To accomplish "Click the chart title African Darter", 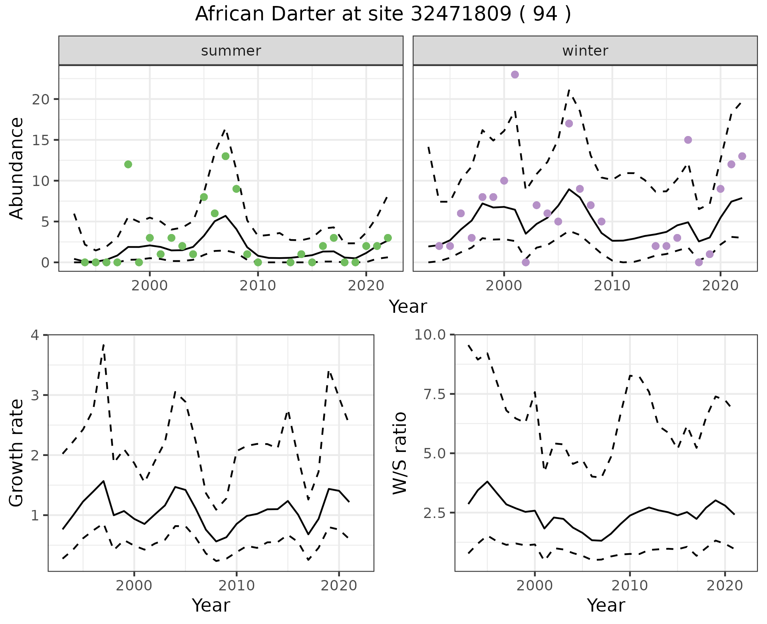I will (x=383, y=14).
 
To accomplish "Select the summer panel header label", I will (x=231, y=51).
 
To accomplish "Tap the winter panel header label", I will (x=585, y=51).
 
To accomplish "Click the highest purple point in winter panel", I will (x=515, y=75).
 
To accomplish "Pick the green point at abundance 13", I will (x=225, y=156).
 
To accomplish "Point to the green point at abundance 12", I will (x=128, y=164).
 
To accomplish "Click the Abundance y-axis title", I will (x=17, y=168).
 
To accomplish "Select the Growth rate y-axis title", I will (x=17, y=453).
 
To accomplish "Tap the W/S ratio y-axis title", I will (x=399, y=453).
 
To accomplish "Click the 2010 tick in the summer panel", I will (x=258, y=286).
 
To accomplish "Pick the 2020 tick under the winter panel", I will (x=720, y=286).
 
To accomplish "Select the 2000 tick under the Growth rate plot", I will (x=134, y=586).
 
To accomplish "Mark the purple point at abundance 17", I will (x=569, y=124).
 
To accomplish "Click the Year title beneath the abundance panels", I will (x=408, y=307).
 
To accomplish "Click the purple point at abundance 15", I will (x=688, y=140).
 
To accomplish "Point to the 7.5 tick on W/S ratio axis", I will (x=434, y=394).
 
